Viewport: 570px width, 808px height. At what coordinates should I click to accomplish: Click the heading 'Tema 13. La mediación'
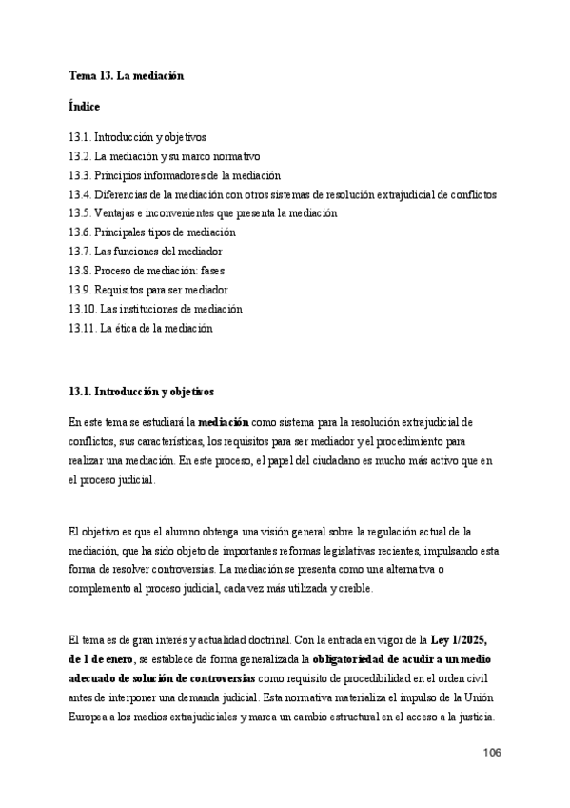126,74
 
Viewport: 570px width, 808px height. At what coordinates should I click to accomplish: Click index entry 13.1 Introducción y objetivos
137,137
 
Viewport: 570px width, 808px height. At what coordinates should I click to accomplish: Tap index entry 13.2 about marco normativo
165,156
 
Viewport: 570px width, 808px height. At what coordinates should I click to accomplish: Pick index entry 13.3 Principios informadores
174,175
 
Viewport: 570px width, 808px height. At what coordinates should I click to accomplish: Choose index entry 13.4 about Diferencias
283,194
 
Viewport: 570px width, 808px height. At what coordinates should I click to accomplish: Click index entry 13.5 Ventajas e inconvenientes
203,213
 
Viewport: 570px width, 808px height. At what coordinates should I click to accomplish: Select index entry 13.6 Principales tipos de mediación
152,232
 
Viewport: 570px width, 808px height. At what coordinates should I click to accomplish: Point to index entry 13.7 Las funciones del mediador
146,252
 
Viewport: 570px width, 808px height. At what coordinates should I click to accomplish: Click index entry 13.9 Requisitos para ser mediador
148,290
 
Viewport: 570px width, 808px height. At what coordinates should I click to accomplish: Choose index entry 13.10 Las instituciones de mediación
156,309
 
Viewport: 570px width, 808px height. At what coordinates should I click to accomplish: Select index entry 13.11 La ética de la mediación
141,328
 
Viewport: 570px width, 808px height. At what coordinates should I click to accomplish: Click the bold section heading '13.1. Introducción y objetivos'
142,391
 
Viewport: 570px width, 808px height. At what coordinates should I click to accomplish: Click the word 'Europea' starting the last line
89,718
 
